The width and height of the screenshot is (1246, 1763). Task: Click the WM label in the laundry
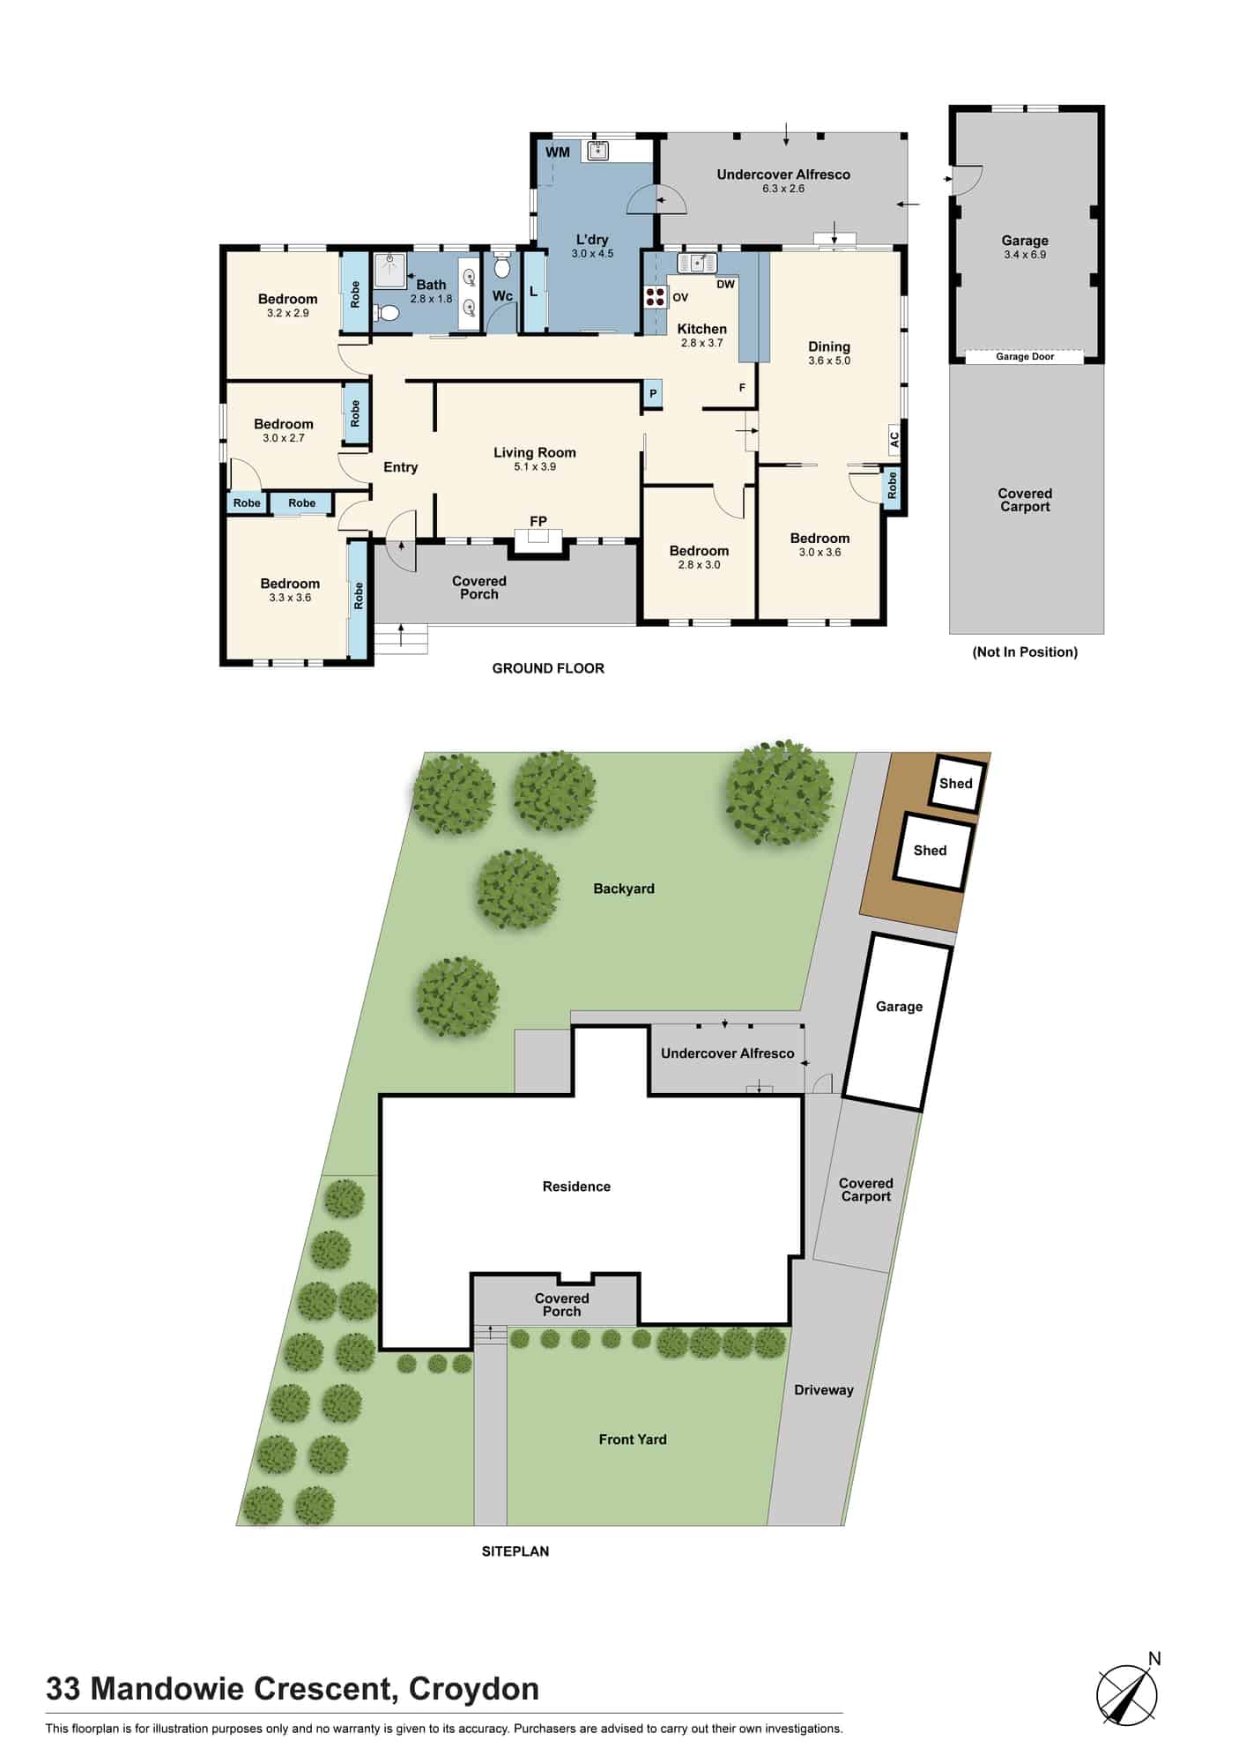pos(558,152)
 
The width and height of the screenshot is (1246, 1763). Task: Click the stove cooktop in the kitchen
pos(655,297)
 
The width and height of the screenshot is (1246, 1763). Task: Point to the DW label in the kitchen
pos(725,285)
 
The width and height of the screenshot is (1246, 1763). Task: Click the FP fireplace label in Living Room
pos(538,521)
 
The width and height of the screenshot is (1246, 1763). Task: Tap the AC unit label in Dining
pos(894,438)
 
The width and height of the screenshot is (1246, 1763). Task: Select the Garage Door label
pos(1025,357)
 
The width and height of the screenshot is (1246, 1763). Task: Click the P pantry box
pos(653,394)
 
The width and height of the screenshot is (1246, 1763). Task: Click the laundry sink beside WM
pos(599,150)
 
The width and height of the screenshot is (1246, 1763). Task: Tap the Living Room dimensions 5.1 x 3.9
pos(535,467)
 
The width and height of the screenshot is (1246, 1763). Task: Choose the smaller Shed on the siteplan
pos(956,784)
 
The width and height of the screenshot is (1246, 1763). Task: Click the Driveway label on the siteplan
pos(824,1390)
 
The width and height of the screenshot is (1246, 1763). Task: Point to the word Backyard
pos(624,889)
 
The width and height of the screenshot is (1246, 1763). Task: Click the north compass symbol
pos(1128,1690)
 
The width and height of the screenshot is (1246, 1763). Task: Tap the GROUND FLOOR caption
pos(548,668)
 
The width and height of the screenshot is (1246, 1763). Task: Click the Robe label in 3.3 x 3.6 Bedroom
pos(358,597)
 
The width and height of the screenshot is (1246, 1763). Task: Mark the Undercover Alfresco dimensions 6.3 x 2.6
pos(783,189)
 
